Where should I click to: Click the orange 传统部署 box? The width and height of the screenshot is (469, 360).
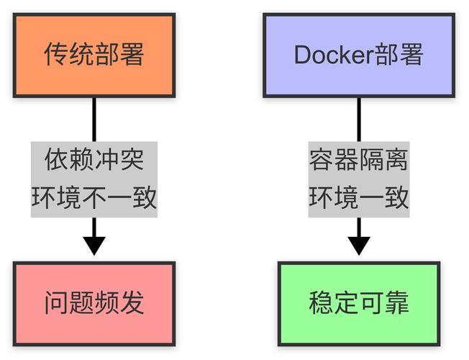(x=94, y=55)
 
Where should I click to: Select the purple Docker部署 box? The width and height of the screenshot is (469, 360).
(x=358, y=55)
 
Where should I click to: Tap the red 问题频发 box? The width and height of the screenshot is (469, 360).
(x=94, y=303)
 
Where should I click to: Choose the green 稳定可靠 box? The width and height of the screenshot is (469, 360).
(x=358, y=303)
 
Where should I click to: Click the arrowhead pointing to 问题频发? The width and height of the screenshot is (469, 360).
(x=94, y=245)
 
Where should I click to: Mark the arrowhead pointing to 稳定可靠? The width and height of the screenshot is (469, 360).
(x=358, y=245)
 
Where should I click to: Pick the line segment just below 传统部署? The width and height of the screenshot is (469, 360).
(x=94, y=119)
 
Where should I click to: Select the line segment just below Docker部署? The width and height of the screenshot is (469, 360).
(x=358, y=119)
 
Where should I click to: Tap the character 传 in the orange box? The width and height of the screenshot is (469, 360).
(x=56, y=55)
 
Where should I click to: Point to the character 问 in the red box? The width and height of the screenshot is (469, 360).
(x=56, y=303)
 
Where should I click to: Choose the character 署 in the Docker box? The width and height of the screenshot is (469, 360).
(x=411, y=55)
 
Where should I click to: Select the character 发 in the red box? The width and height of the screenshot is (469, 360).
(x=132, y=303)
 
